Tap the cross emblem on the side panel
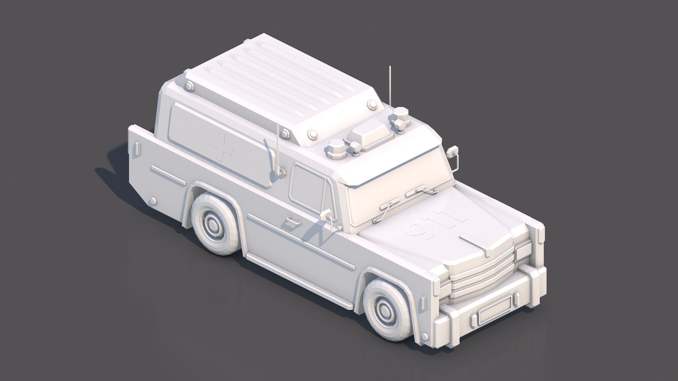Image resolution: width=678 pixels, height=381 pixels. pos(221,149)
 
